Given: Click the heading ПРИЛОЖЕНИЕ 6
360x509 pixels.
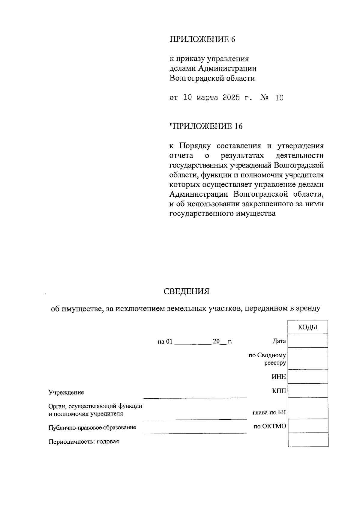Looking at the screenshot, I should [x=202, y=39].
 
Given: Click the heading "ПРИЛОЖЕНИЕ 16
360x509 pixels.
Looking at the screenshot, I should [x=206, y=126].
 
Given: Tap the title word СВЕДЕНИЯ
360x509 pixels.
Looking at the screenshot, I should [x=186, y=291].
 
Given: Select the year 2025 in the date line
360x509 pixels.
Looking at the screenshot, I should [x=231, y=98].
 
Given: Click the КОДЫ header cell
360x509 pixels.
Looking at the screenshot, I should [x=307, y=327].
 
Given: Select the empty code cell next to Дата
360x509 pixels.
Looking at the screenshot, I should [x=307, y=341].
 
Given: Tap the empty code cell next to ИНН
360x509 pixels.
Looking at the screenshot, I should [x=307, y=377].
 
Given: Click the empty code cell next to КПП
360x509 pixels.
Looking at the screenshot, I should [x=307, y=391].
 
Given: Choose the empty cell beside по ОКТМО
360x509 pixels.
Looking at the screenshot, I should [x=307, y=426].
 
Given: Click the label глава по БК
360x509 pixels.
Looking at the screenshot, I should [x=269, y=412].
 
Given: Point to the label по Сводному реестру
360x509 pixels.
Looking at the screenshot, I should [x=267, y=359].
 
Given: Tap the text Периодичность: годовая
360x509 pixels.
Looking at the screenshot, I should [x=84, y=442].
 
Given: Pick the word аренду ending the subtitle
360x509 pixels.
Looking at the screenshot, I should [x=308, y=308].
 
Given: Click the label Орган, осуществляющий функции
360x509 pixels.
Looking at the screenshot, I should [x=95, y=406].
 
